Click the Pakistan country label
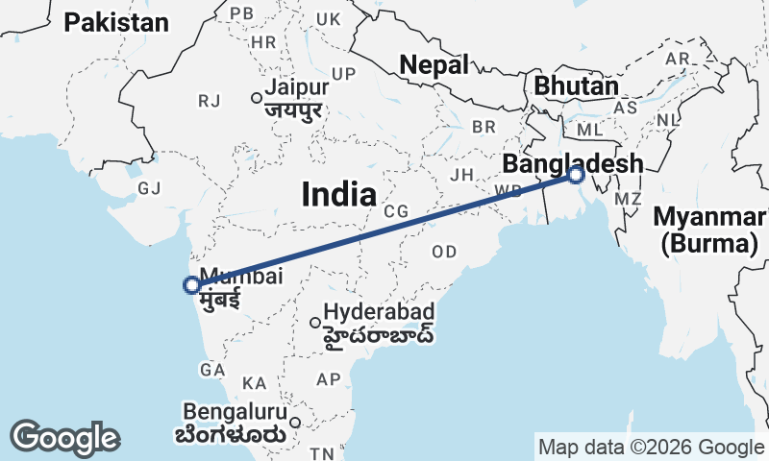tap(116, 23)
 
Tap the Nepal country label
tap(434, 65)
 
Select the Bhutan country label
tap(576, 85)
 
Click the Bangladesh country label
tap(571, 164)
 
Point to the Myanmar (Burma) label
tap(709, 230)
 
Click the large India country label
tap(338, 195)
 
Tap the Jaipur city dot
tap(257, 97)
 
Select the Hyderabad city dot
tap(314, 323)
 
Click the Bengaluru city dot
tap(296, 421)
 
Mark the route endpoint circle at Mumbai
tap(192, 284)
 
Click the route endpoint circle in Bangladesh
tap(576, 175)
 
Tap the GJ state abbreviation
tap(149, 188)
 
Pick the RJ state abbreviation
tap(209, 101)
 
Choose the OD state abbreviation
tap(445, 252)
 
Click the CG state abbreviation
tap(395, 210)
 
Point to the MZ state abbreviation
tap(628, 199)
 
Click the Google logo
tap(64, 438)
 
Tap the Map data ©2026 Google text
tap(651, 447)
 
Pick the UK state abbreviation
tap(329, 19)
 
